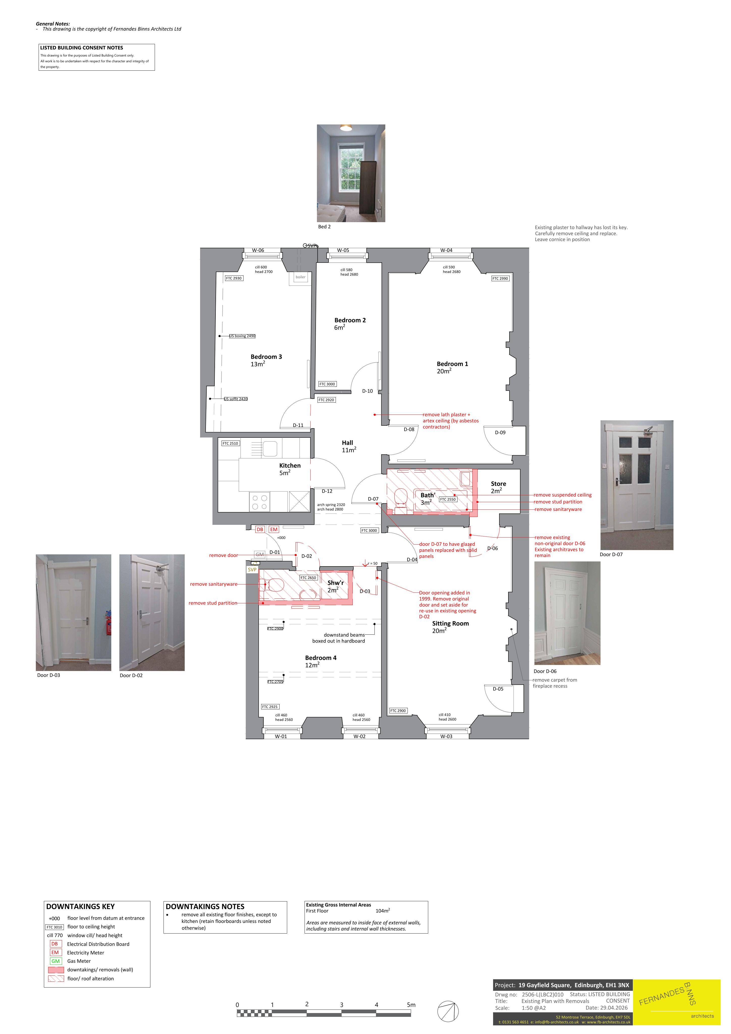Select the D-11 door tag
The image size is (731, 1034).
tap(298, 425)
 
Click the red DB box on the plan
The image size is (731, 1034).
tap(260, 530)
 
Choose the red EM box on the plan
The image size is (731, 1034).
tap(274, 530)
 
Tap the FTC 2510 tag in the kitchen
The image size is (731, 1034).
tap(230, 444)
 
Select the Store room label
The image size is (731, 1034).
tap(498, 484)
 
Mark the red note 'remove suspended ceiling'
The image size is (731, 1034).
tap(563, 495)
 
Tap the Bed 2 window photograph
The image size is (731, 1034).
tap(351, 173)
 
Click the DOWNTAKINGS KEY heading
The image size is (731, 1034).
tap(80, 907)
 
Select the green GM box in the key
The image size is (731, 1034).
tap(55, 961)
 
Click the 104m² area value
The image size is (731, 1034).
tap(383, 911)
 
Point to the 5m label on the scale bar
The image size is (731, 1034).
tap(411, 1005)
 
